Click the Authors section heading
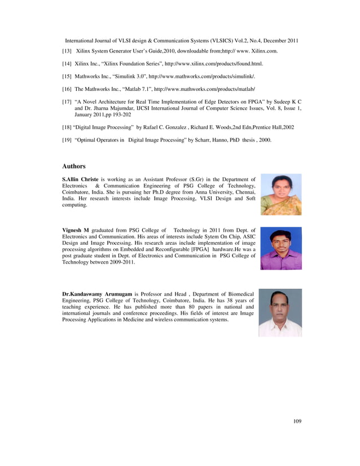tap(73, 166)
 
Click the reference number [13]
tap(67, 51)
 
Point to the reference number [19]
tap(67, 139)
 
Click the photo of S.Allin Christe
tap(280, 194)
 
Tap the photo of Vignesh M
tap(280, 248)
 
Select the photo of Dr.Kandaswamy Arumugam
tap(280, 313)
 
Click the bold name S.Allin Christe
tap(80, 179)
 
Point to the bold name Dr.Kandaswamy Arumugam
tap(97, 294)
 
